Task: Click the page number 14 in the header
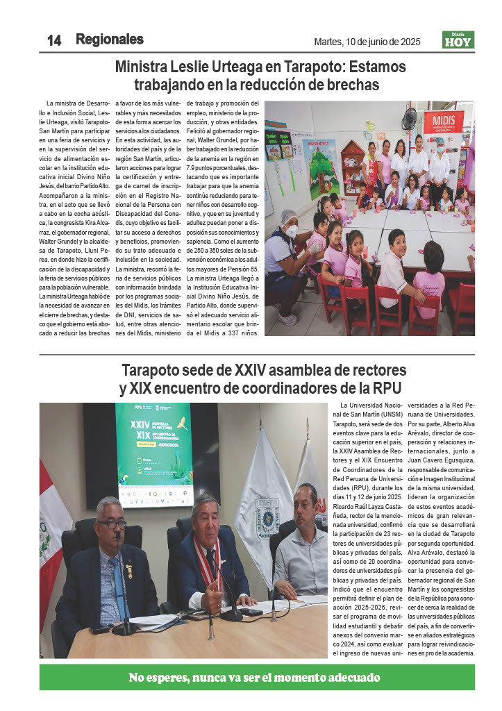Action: click(x=54, y=41)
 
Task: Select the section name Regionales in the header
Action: click(x=110, y=40)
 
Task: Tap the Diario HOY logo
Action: click(x=458, y=40)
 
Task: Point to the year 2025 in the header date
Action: click(x=408, y=42)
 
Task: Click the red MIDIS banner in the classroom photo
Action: click(x=443, y=125)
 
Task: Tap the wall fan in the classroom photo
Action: click(x=410, y=117)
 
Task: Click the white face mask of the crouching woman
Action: click(x=292, y=231)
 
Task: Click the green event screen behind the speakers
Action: click(x=154, y=451)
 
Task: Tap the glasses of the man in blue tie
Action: click(x=111, y=524)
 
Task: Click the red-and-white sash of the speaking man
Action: click(x=207, y=561)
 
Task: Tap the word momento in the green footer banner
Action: click(x=281, y=677)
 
